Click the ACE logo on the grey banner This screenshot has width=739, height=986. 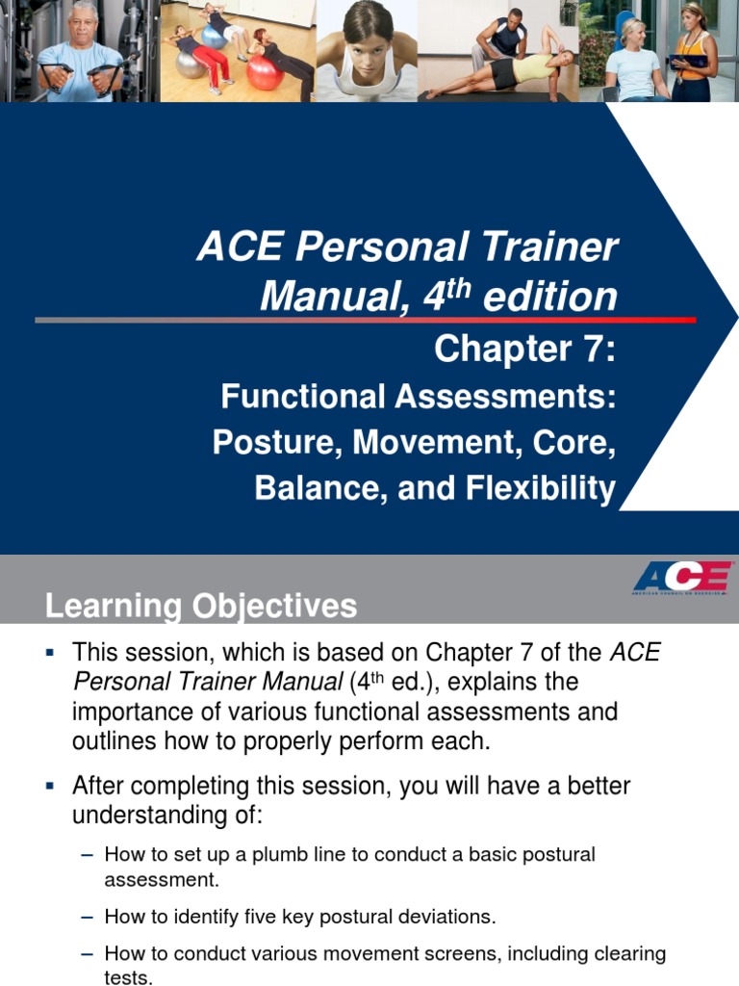click(x=681, y=578)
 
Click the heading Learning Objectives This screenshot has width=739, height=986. click(x=201, y=607)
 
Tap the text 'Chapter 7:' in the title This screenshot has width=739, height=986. click(x=524, y=349)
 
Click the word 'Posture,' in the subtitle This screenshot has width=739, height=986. click(x=277, y=443)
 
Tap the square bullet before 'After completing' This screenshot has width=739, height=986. click(x=50, y=787)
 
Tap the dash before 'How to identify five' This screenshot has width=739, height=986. click(x=88, y=917)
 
